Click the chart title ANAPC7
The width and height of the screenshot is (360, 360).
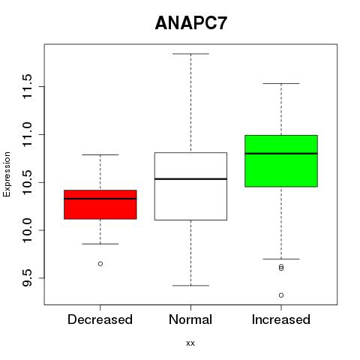coord(190,23)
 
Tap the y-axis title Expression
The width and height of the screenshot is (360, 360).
coord(7,174)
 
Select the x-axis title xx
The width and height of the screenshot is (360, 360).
coord(190,343)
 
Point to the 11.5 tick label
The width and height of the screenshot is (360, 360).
coord(27,87)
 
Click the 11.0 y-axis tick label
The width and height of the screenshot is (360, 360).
coord(27,134)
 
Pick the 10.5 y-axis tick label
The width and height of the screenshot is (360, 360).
coord(27,182)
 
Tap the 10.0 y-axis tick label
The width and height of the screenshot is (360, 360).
coord(27,230)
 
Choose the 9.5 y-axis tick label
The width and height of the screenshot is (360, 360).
coord(27,278)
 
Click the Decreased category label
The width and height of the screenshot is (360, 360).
coord(100,319)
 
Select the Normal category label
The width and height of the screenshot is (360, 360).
coord(190,319)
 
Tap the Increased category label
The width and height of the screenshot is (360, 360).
coord(281,319)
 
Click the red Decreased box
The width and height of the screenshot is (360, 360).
coord(100,205)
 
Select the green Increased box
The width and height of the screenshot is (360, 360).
coord(281,161)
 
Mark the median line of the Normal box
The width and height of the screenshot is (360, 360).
coord(190,179)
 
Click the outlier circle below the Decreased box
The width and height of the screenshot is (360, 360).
coord(100,264)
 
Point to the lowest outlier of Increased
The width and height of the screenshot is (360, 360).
coord(281,295)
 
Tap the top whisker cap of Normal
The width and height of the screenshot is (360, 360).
coord(190,54)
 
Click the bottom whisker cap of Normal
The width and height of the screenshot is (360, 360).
coord(190,286)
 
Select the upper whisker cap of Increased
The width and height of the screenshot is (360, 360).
coord(281,83)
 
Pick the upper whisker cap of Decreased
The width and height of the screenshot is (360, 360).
coord(100,154)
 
